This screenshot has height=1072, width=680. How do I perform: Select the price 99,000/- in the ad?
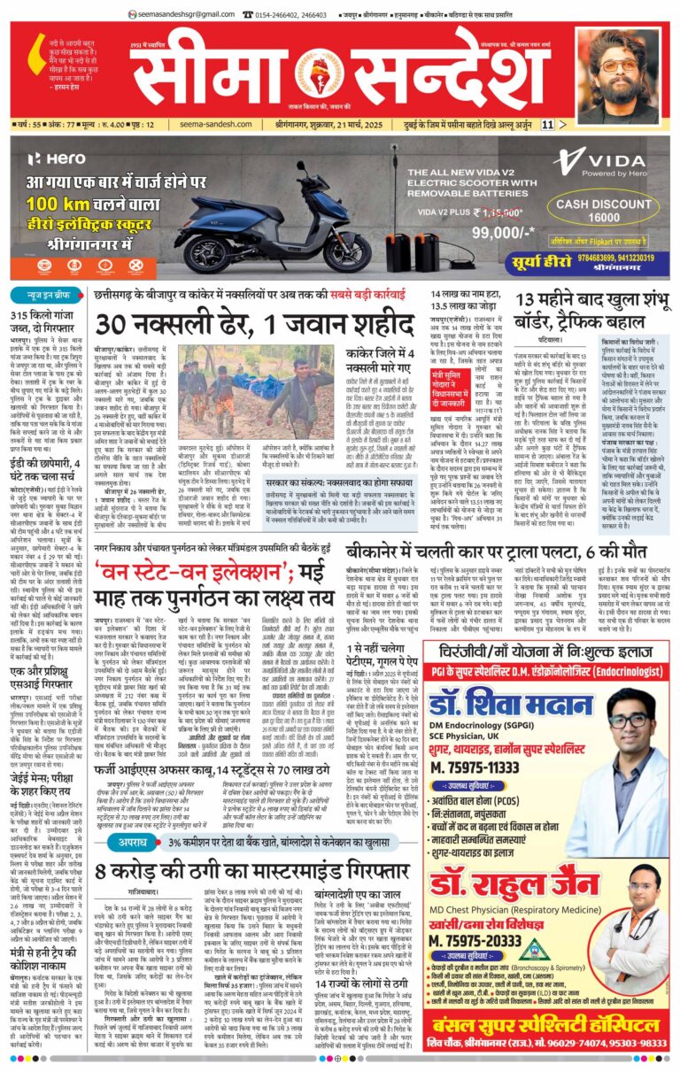tap(474, 230)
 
